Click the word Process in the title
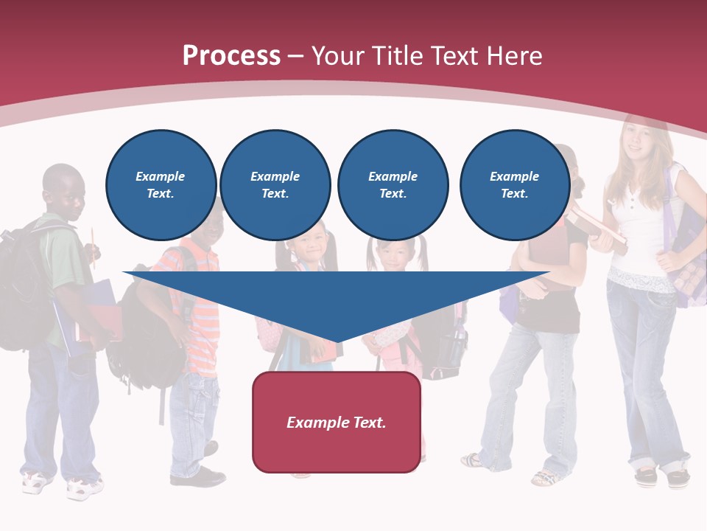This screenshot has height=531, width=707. pyautogui.click(x=231, y=55)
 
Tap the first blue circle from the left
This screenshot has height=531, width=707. pyautogui.click(x=161, y=184)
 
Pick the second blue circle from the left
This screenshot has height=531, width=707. pyautogui.click(x=275, y=184)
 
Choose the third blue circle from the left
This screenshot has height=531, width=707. pyautogui.click(x=393, y=184)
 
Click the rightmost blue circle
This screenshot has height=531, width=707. pyautogui.click(x=514, y=184)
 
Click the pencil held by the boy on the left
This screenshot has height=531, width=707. pyautogui.click(x=94, y=243)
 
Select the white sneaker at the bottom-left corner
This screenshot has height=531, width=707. pyautogui.click(x=37, y=482)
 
